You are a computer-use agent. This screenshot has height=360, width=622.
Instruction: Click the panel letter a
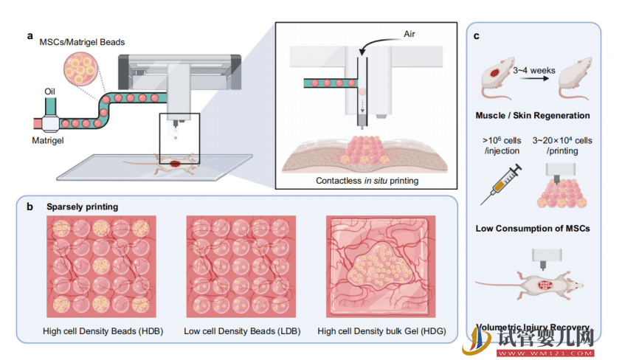coord(30,35)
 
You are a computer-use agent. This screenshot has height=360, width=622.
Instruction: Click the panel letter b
coord(30,207)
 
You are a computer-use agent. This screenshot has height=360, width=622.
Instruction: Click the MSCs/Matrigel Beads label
coord(81,42)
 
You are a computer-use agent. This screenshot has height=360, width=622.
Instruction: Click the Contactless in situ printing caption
coord(365,179)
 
